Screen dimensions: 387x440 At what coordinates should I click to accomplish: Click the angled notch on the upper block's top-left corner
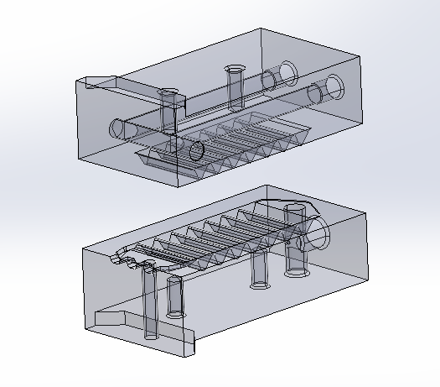click(99, 81)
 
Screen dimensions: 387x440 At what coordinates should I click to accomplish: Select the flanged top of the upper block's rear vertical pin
click(234, 68)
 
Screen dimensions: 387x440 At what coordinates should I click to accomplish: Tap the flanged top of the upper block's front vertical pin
click(169, 94)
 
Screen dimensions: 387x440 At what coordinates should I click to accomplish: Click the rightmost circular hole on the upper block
click(335, 84)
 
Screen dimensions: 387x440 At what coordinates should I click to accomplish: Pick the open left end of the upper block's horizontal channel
click(118, 128)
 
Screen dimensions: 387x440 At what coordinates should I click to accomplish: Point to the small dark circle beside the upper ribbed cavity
click(197, 151)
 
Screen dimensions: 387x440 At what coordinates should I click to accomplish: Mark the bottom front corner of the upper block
click(182, 184)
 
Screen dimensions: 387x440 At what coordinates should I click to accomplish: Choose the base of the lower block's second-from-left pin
click(175, 313)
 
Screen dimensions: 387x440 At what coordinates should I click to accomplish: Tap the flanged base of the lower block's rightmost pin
click(297, 271)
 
